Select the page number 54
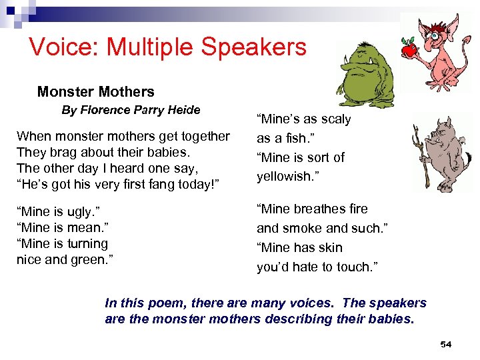pyautogui.click(x=446, y=344)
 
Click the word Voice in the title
pyautogui.click(x=60, y=47)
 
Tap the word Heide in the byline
pyautogui.click(x=184, y=110)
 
